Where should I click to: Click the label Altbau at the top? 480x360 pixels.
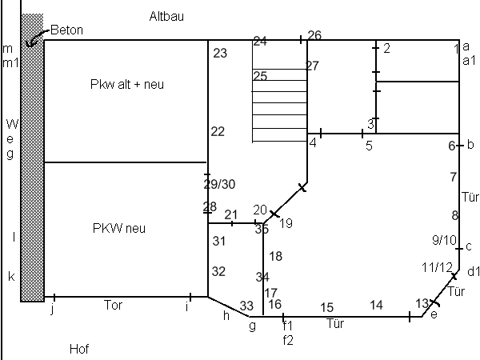click(167, 16)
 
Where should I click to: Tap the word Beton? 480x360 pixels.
click(66, 30)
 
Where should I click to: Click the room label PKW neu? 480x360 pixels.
click(120, 228)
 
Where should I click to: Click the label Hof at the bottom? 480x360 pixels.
click(78, 349)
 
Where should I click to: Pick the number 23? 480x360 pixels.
click(220, 53)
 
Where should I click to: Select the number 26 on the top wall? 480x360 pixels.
click(314, 35)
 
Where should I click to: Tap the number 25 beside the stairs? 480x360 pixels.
click(260, 76)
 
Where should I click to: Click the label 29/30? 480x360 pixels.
click(219, 184)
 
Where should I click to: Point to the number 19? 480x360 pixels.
click(286, 222)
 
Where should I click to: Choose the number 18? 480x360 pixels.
click(276, 256)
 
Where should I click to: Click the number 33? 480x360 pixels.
click(246, 306)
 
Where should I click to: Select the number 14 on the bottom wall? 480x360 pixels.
click(376, 305)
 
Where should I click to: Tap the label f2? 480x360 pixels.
click(288, 338)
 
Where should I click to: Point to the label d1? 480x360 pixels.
click(473, 272)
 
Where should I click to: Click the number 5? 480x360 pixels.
click(369, 146)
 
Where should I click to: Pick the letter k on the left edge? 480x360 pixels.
click(11, 277)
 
